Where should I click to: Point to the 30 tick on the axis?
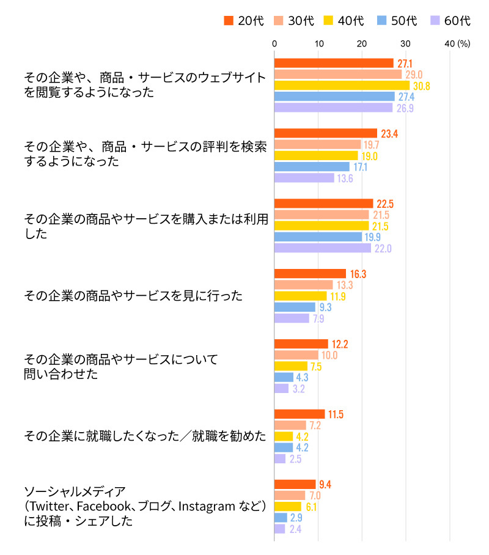[405, 43]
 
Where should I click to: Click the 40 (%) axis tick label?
[457, 43]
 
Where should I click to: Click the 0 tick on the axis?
[274, 43]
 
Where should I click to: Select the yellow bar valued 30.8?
[342, 86]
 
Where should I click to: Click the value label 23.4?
[389, 133]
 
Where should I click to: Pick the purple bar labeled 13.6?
[304, 178]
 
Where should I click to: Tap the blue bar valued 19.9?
[318, 237]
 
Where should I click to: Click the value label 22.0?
[382, 248]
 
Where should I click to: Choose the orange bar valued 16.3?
[310, 273]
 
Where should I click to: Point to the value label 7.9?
[318, 318]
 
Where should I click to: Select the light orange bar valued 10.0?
[296, 355]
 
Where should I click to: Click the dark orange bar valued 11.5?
[300, 414]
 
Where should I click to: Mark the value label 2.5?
[296, 458]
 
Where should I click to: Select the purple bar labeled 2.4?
[280, 529]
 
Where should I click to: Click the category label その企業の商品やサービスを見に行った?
[133, 296]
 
